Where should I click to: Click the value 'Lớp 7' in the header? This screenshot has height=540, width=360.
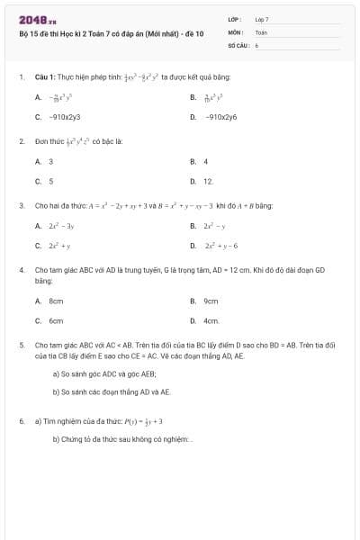point(262,19)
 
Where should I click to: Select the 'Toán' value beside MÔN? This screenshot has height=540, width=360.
point(261,31)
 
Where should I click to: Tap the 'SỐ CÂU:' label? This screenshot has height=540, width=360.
point(238,43)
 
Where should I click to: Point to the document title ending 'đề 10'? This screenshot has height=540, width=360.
point(112,32)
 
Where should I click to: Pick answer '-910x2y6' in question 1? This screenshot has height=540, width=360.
point(220,117)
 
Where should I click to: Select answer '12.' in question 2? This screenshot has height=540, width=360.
point(208,181)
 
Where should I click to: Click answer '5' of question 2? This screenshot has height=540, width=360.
point(50,181)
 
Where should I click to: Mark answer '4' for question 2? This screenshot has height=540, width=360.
point(206,162)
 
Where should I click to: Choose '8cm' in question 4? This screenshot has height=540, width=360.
point(56,301)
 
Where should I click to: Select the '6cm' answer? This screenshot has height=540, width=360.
point(56,319)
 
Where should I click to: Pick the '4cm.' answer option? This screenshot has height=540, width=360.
point(211,319)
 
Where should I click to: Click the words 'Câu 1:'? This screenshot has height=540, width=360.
point(46,77)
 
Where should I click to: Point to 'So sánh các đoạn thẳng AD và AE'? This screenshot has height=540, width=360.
point(111,392)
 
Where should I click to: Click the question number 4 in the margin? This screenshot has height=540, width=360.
point(21,269)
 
